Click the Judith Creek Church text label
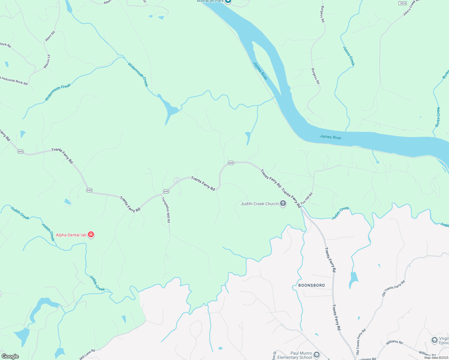[x=260, y=204]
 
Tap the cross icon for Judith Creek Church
[x=283, y=204]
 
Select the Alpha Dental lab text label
[x=71, y=235]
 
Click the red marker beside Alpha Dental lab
[x=91, y=235]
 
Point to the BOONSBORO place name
[x=312, y=285]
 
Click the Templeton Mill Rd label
[x=166, y=210]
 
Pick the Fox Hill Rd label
[x=307, y=198]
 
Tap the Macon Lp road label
[x=47, y=61]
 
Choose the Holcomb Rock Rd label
[x=14, y=81]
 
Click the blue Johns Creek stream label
[x=349, y=56]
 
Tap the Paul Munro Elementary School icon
[x=317, y=355]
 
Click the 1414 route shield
[x=402, y=3]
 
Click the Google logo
[x=10, y=356]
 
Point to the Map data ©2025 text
[x=436, y=358]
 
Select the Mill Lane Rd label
[x=87, y=354]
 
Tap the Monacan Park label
[x=210, y=1]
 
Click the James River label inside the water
[x=330, y=137]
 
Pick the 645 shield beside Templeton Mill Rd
[x=166, y=191]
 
